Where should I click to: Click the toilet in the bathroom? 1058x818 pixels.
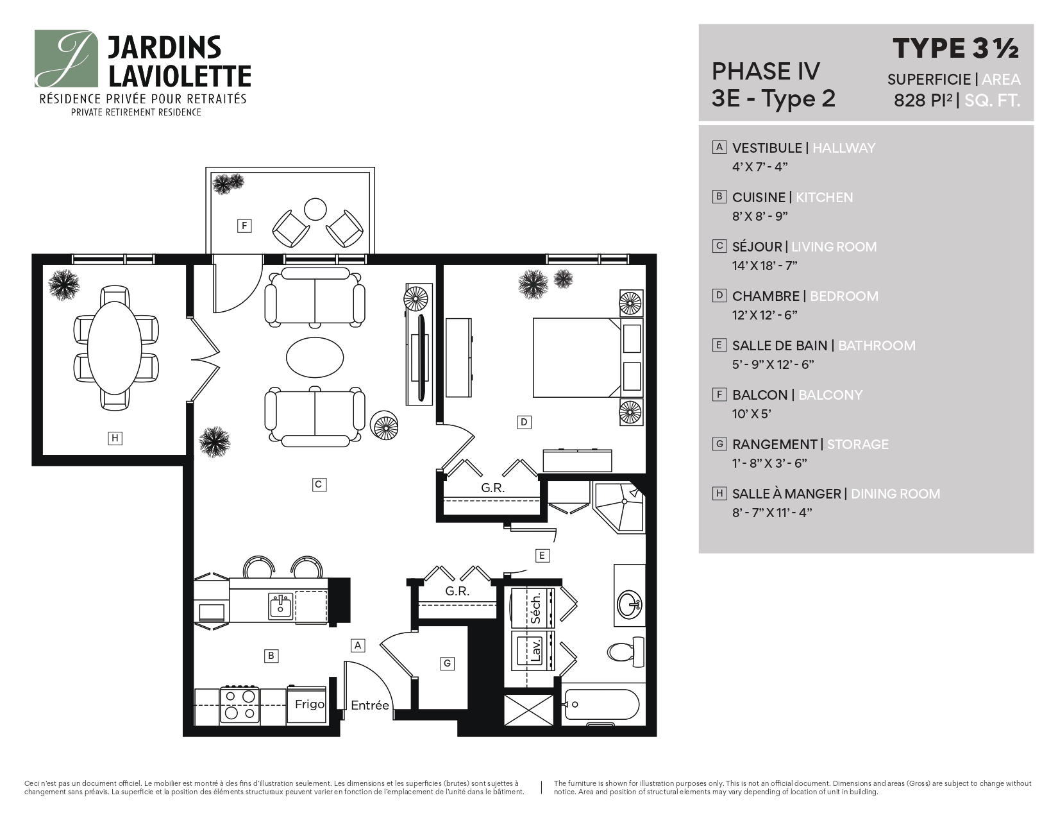click(624, 652)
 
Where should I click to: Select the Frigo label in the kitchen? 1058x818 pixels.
click(309, 704)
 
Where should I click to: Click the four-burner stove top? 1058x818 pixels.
click(240, 704)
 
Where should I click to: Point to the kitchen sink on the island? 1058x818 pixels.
click(280, 605)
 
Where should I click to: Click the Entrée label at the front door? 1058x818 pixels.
click(370, 705)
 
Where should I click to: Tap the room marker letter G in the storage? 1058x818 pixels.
click(448, 663)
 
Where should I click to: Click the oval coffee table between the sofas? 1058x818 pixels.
click(314, 357)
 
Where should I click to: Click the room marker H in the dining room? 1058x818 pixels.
click(115, 438)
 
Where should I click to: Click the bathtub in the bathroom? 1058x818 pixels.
click(601, 705)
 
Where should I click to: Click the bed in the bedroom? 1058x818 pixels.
click(577, 357)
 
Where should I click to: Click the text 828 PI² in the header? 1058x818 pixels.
click(923, 100)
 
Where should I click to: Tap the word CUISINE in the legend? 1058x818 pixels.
click(759, 197)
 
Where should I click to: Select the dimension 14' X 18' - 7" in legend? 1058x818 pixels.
click(764, 265)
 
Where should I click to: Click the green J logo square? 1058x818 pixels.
click(66, 58)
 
